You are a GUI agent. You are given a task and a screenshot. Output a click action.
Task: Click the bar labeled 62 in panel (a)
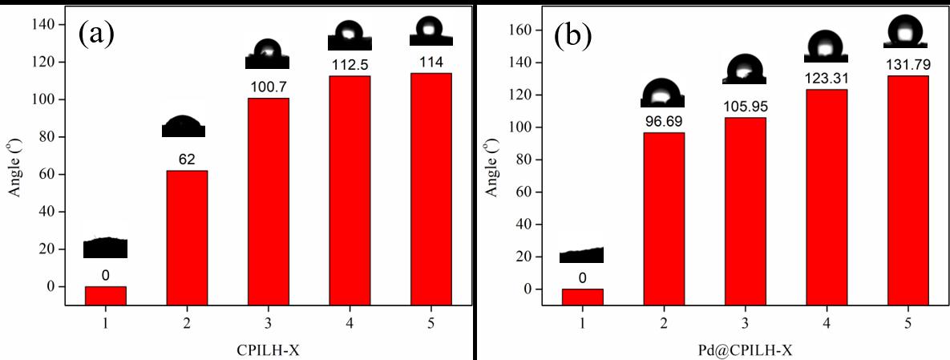(187, 229)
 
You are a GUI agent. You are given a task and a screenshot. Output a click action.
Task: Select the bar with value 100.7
(269, 192)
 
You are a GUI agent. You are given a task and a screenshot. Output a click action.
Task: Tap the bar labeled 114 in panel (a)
(431, 180)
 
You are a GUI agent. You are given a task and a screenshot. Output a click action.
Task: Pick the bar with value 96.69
(664, 210)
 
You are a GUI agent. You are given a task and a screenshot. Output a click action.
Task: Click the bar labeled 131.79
(908, 182)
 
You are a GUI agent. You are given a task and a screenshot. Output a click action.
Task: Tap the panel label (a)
(96, 34)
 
